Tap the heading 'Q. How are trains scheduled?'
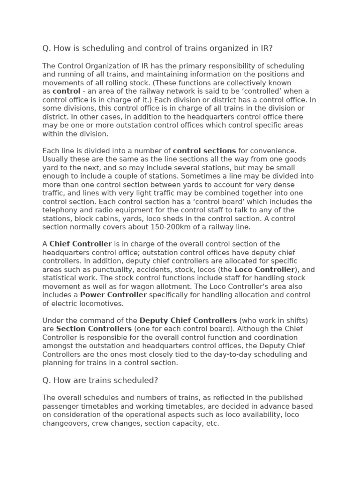click(103, 380)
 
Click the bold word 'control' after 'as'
click(66, 91)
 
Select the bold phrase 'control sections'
click(204, 151)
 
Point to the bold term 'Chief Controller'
click(81, 244)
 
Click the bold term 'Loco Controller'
click(264, 270)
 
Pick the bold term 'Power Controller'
click(113, 295)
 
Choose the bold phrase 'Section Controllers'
click(94, 329)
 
